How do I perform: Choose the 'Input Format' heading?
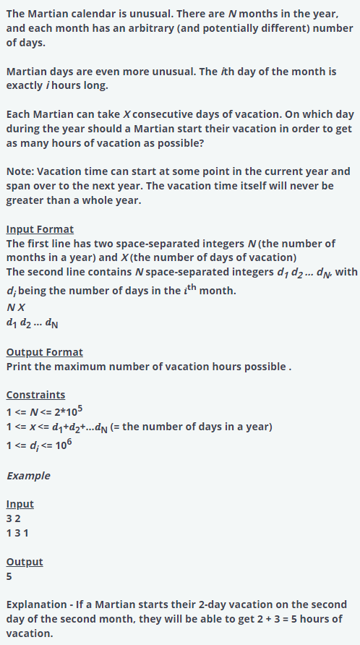tap(40, 229)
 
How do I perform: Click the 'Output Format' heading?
tap(44, 352)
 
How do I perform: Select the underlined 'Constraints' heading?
tap(35, 395)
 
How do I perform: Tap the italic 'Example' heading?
tap(28, 476)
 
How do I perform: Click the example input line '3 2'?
tap(14, 518)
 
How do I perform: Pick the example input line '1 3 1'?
tap(18, 533)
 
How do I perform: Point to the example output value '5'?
tap(9, 576)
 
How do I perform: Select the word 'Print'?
tap(20, 367)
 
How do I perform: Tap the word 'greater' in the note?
tap(28, 200)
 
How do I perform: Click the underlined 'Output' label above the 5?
tap(25, 562)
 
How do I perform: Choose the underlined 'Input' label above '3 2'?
tap(20, 504)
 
